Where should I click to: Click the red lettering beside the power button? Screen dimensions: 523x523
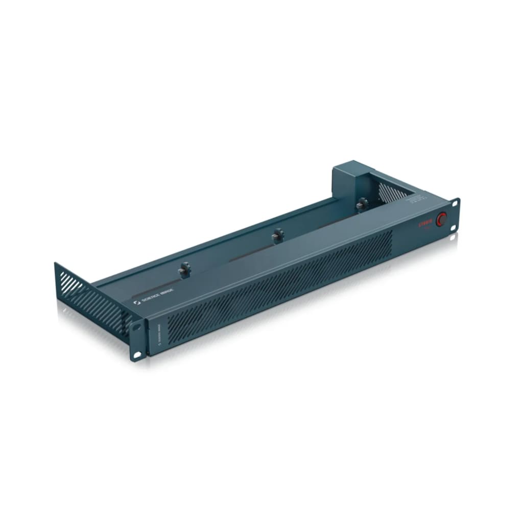point(426,222)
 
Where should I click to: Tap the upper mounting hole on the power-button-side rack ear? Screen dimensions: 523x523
point(454,204)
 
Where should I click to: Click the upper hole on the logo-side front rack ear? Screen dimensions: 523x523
point(136,329)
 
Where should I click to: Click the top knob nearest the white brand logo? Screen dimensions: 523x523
point(184,270)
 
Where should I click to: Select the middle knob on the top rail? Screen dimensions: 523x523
point(278,235)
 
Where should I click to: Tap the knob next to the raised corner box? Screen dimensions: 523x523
point(362,204)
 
